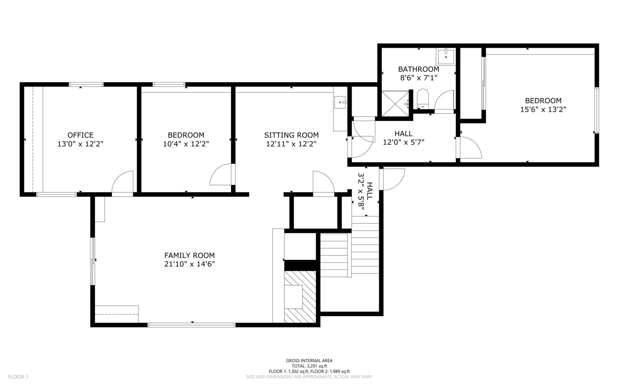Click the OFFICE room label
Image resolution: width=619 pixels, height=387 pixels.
coord(80,135)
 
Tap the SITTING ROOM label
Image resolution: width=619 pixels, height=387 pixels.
coord(291,135)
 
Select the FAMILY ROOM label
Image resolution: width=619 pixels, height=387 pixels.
coord(189,255)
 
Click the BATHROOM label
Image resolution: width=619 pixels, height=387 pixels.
coord(418,69)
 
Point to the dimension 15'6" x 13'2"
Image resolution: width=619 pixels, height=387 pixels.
coord(543,110)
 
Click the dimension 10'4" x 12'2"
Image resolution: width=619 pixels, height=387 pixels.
coord(186,144)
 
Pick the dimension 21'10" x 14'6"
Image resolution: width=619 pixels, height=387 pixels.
coord(189,264)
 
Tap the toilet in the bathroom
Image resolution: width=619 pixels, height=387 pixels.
coord(422,99)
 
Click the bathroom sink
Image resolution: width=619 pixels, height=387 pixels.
coord(446,57)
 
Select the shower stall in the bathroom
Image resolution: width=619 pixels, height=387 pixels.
coord(395,104)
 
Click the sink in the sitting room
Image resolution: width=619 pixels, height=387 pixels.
coord(340,102)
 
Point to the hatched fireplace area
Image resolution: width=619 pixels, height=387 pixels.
coord(300,296)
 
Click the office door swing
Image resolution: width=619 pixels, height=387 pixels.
coord(122,183)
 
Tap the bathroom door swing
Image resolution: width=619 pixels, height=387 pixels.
coord(444,101)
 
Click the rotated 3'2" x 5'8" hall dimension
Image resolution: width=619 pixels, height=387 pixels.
coord(365,192)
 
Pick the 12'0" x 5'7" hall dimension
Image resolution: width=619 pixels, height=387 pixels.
coord(404,142)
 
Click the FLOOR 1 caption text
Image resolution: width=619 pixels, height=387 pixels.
coord(18,377)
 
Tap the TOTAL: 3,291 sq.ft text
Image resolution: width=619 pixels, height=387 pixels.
coord(309,366)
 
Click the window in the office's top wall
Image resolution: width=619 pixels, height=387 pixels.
coord(86,85)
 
